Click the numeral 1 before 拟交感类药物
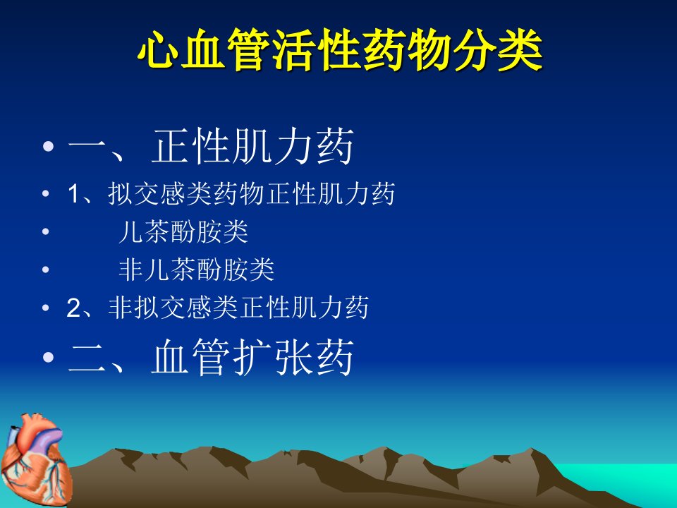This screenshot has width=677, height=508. pos(73,195)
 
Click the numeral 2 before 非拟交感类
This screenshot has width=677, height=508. pos(73,308)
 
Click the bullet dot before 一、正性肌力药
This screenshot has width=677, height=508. pos(49,146)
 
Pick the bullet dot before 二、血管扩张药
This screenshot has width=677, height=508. pos(49,357)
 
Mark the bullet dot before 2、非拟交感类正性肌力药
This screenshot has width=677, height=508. pos(46,308)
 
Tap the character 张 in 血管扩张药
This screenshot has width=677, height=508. pos(294,357)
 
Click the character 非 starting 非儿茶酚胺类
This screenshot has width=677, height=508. pos(131,270)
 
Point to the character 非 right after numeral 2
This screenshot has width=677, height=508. pos(121,308)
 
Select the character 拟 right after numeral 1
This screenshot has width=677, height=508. pos(121,194)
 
